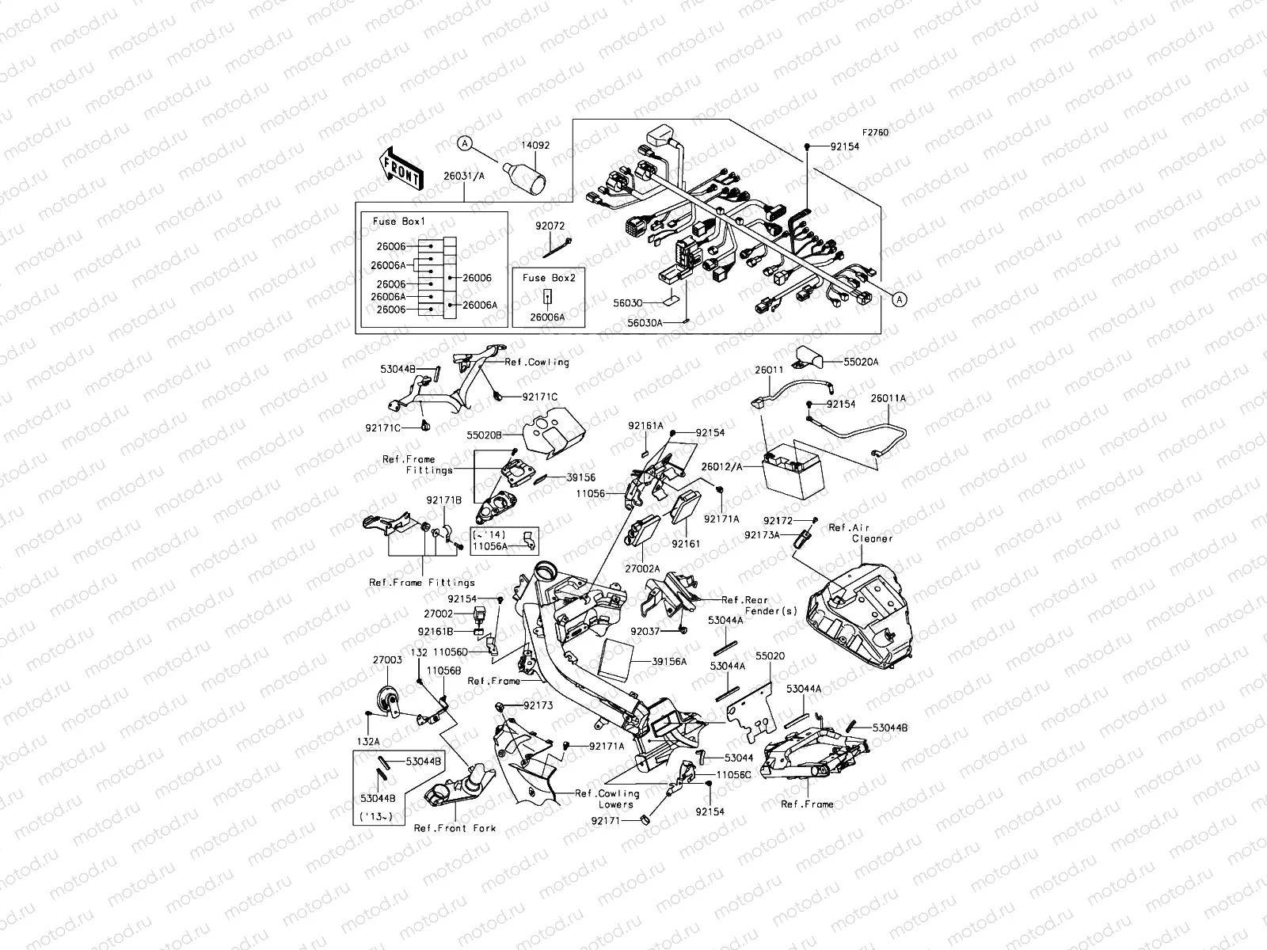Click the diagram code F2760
(875, 133)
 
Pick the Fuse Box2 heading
(550, 278)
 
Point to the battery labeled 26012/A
(793, 470)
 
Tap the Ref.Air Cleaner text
(861, 533)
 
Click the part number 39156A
(669, 661)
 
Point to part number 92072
(552, 225)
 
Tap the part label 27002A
(642, 568)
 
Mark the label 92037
(645, 632)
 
